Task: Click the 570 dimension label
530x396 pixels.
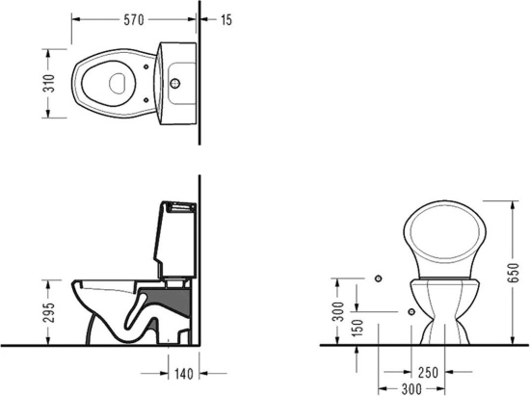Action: point(134,20)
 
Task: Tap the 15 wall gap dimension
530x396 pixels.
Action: point(226,20)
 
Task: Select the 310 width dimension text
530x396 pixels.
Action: point(49,83)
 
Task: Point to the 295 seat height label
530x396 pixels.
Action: point(49,312)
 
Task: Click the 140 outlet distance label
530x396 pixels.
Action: point(183,374)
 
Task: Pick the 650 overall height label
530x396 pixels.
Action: point(513,273)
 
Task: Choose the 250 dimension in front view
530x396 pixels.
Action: point(428,372)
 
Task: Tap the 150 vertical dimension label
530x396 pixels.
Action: point(358,328)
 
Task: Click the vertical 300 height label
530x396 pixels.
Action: point(338,311)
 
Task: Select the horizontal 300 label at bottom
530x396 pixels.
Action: point(411,389)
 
